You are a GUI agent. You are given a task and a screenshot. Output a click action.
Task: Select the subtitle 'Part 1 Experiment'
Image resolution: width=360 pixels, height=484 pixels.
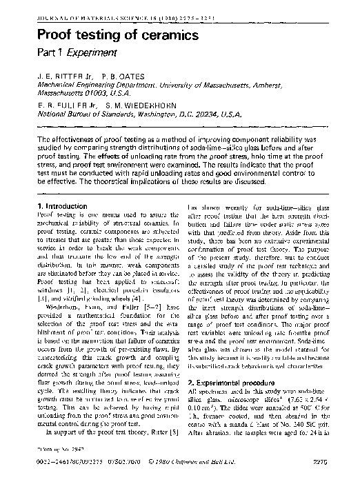coord(77,52)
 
